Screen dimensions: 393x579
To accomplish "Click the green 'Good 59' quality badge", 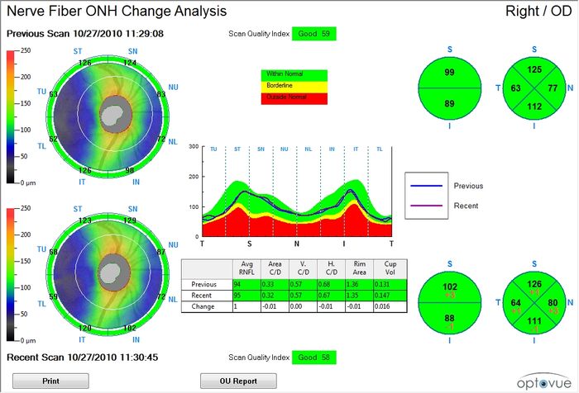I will (x=313, y=33).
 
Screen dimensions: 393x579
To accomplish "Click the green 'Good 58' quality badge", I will (x=313, y=357).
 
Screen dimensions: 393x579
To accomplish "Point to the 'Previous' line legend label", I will (x=468, y=187).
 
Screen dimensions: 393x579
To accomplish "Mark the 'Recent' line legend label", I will (x=466, y=204).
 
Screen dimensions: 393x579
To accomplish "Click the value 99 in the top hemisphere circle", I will (x=450, y=73).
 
